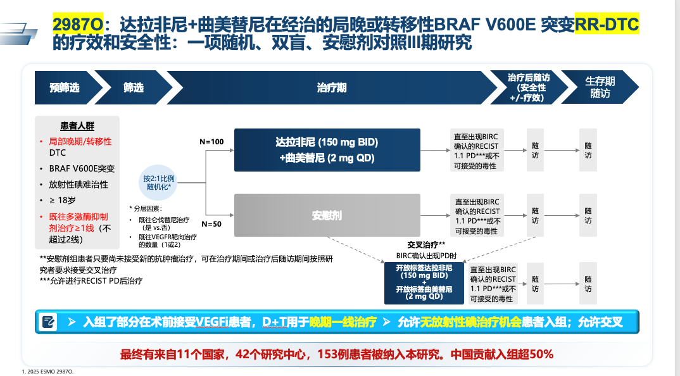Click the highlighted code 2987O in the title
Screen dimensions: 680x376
click(x=78, y=24)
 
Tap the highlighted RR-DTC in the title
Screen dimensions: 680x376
click(x=607, y=24)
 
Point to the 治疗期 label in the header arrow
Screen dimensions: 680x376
click(x=332, y=88)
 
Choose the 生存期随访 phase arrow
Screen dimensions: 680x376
click(x=600, y=87)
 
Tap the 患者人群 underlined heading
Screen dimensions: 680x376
click(x=77, y=126)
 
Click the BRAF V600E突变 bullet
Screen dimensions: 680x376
click(x=82, y=169)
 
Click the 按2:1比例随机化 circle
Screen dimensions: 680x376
click(x=158, y=182)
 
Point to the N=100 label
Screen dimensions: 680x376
click(x=211, y=142)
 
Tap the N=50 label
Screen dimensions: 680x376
click(x=211, y=224)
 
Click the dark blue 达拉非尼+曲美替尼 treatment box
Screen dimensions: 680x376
click(x=327, y=150)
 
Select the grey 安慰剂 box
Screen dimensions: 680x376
click(x=327, y=215)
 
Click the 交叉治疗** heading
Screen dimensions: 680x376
click(x=426, y=245)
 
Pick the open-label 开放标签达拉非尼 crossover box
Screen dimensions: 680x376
click(x=424, y=283)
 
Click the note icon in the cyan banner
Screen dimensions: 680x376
click(x=47, y=322)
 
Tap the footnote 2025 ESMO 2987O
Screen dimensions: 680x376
click(x=47, y=372)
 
